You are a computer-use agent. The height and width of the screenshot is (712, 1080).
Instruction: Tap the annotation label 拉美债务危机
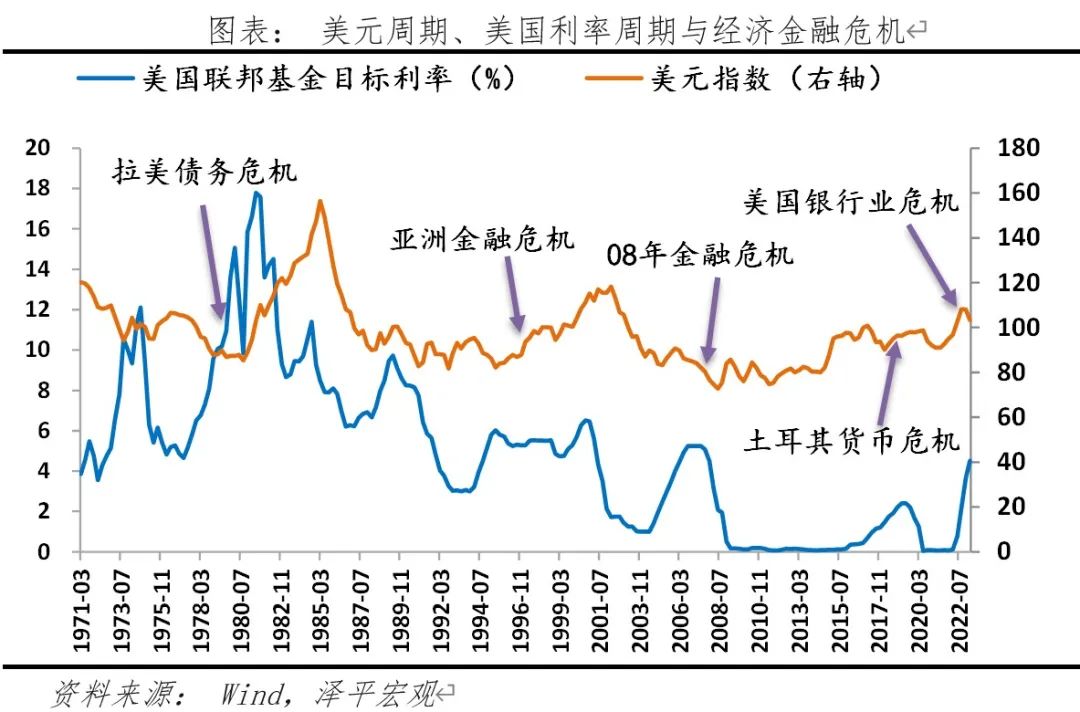[x=204, y=171]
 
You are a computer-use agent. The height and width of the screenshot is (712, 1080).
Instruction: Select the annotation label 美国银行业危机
[x=851, y=201]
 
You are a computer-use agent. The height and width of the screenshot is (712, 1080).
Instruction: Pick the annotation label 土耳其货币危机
[x=851, y=440]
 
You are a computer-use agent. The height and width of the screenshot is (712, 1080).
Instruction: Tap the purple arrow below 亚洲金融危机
[x=513, y=291]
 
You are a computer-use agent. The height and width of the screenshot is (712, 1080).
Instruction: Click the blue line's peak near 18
[x=257, y=193]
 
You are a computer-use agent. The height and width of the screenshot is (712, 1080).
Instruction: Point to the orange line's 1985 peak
[x=320, y=201]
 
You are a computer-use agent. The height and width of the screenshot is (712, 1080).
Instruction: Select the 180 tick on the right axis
[x=1019, y=148]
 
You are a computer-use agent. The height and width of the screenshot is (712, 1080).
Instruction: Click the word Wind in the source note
[x=248, y=692]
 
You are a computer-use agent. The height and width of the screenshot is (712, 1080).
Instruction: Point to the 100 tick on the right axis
[x=1019, y=327]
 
